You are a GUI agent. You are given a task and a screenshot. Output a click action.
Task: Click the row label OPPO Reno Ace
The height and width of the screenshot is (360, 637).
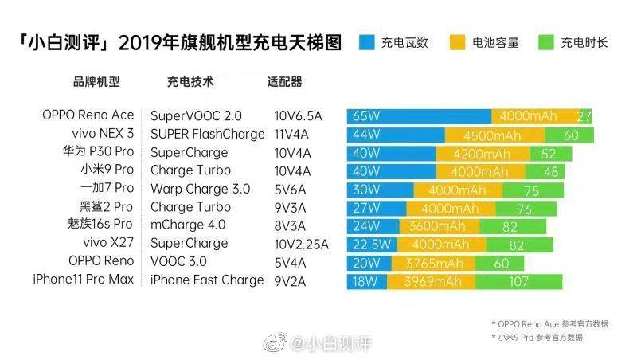[88, 115]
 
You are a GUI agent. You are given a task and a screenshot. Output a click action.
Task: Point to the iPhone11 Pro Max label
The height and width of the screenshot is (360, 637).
[84, 280]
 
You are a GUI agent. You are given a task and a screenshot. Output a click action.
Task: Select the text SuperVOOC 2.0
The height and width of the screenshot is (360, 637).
[195, 116]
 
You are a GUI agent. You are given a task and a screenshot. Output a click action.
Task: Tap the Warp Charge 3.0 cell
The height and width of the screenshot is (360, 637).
[200, 189]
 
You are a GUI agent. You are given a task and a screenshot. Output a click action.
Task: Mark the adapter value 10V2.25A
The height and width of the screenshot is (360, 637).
[300, 244]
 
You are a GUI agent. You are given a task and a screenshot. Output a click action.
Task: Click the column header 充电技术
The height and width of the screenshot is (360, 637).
[190, 82]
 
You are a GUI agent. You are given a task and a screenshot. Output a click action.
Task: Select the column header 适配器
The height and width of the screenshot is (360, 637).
[285, 82]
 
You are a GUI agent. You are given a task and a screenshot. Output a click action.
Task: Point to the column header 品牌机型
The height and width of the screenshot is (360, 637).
[96, 82]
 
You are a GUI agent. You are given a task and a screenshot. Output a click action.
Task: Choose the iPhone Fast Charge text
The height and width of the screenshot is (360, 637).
[206, 280]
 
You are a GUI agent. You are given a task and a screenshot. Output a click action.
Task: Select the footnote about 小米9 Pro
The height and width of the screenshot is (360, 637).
[537, 337]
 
